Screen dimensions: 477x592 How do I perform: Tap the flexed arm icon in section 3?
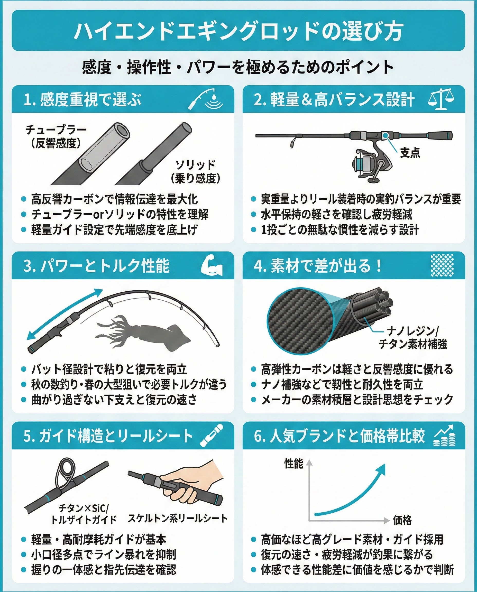coord(211,266)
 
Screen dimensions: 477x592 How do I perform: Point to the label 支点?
coord(410,153)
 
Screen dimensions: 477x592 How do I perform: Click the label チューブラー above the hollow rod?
coord(56,129)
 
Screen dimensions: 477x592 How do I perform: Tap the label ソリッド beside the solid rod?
coord(195,165)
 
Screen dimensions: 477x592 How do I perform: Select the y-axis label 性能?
coord(294,464)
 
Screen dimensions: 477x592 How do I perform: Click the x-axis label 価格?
coord(402,520)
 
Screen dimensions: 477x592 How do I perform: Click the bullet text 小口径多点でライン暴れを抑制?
coord(104,555)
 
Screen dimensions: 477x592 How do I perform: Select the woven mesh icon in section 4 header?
coord(442,265)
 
